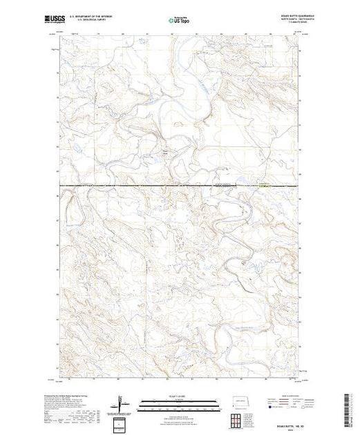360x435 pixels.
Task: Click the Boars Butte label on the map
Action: click(164, 153)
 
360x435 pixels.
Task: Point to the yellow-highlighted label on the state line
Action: click(264, 184)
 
